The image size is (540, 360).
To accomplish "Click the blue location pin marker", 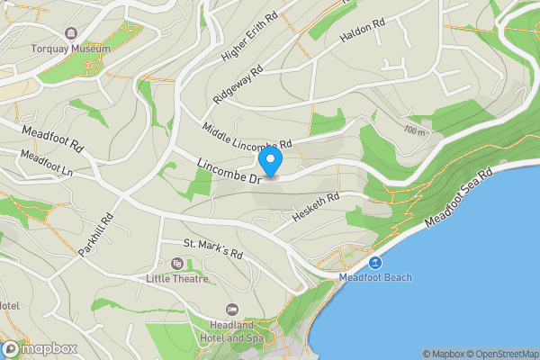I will pos(271,163).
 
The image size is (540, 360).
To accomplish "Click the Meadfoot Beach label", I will pos(375,277).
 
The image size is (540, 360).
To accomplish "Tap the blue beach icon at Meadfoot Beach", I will pos(375,263).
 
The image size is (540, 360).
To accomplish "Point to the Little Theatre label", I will pos(176,278).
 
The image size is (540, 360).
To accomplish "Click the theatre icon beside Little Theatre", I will pos(176,264).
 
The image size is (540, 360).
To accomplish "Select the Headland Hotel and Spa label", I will pos(233,331).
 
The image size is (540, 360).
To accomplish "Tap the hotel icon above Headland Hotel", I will pos(233,310).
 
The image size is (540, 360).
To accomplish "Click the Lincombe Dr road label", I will pos(229,171).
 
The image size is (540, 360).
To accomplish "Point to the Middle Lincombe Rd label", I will pos(247,138).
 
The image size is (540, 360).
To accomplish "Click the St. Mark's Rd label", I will pos(213,248).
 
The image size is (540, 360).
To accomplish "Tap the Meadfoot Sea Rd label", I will pos(459,198).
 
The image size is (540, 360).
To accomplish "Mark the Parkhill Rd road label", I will pos(94,236).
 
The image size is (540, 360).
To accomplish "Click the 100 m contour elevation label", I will pos(414,131).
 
